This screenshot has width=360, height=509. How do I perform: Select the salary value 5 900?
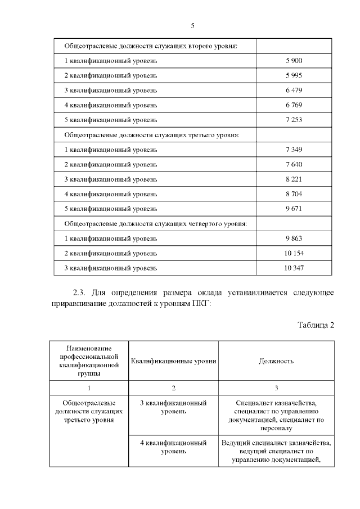(x=294, y=60)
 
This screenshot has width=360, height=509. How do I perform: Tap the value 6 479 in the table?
(x=294, y=90)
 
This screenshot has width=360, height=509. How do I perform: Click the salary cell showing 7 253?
(x=294, y=120)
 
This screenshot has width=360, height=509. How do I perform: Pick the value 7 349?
(x=294, y=150)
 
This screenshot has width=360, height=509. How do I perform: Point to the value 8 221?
(x=294, y=179)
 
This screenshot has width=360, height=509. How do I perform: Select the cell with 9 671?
(x=294, y=208)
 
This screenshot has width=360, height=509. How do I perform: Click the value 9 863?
(x=294, y=238)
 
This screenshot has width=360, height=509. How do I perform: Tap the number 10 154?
(x=294, y=253)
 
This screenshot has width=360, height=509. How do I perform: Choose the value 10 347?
(x=294, y=268)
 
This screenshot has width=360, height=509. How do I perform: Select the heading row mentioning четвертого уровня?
(x=156, y=223)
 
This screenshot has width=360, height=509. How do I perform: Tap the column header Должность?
(x=276, y=361)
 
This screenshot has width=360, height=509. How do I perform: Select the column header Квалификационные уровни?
(x=174, y=361)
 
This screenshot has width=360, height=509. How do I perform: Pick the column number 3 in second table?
(x=276, y=388)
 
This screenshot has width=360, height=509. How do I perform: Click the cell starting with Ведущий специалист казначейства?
(x=276, y=451)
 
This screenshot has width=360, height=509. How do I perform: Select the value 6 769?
(x=294, y=105)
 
